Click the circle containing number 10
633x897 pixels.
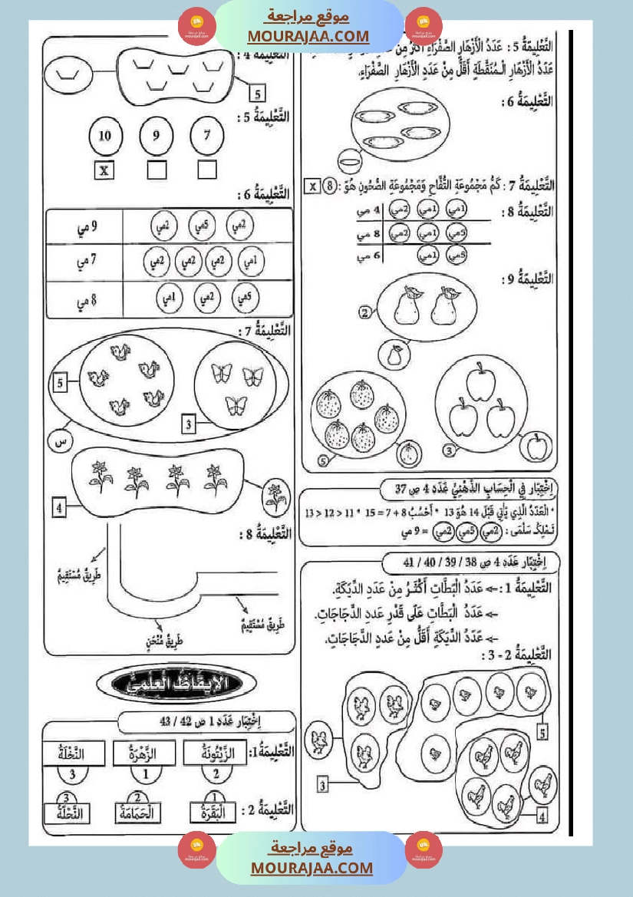coord(105,136)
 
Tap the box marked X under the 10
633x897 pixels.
coord(105,170)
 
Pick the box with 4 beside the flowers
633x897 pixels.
coord(60,506)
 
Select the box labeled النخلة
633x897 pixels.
coord(71,754)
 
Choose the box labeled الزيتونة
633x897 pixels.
coord(216,754)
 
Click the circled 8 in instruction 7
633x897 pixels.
coord(329,186)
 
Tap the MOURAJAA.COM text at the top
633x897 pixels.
coord(308,35)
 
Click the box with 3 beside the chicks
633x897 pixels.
coord(324,785)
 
